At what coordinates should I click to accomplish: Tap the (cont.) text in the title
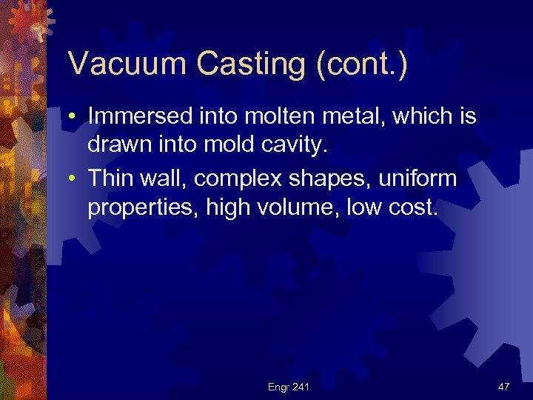[361, 64]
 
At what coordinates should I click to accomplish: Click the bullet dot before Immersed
[75, 117]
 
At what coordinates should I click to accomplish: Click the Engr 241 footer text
[289, 387]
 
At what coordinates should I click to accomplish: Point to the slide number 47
[503, 387]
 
